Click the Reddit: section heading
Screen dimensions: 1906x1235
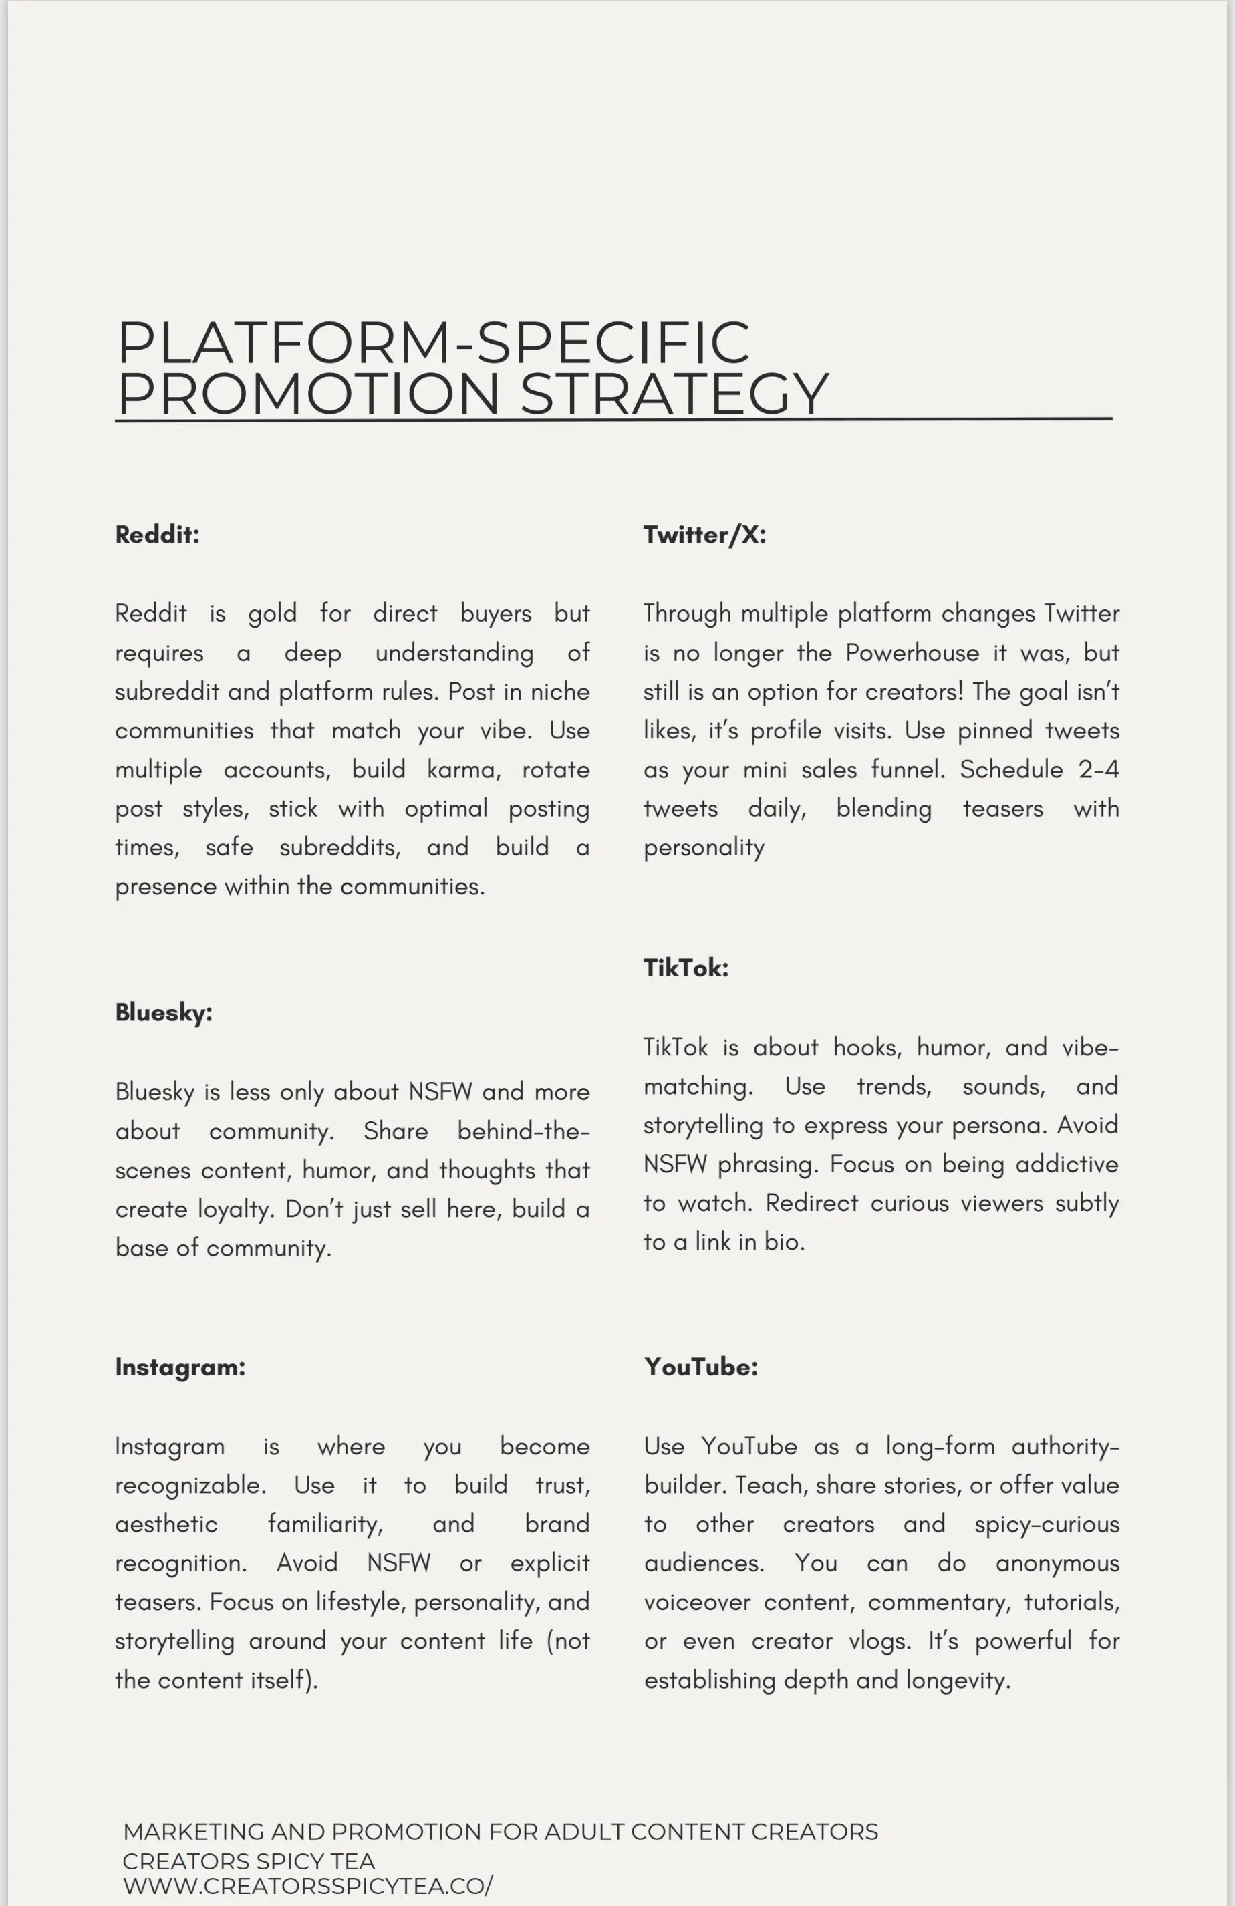pyautogui.click(x=157, y=534)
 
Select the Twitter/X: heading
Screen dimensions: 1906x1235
pyautogui.click(x=704, y=534)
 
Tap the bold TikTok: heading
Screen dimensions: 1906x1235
pyautogui.click(x=686, y=968)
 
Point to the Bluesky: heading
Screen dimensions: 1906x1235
pyautogui.click(x=163, y=1012)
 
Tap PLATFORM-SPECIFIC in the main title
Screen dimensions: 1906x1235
pyautogui.click(x=433, y=342)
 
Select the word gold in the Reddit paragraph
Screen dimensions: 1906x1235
pyautogui.click(x=271, y=614)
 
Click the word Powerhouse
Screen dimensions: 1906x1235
pyautogui.click(x=912, y=653)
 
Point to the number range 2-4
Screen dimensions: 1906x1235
pyautogui.click(x=1098, y=770)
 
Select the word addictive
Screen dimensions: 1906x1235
pyautogui.click(x=1066, y=1164)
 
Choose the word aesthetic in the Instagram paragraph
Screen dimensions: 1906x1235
pyautogui.click(x=166, y=1524)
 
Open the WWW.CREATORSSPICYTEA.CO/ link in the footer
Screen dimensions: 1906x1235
pyautogui.click(x=307, y=1885)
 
